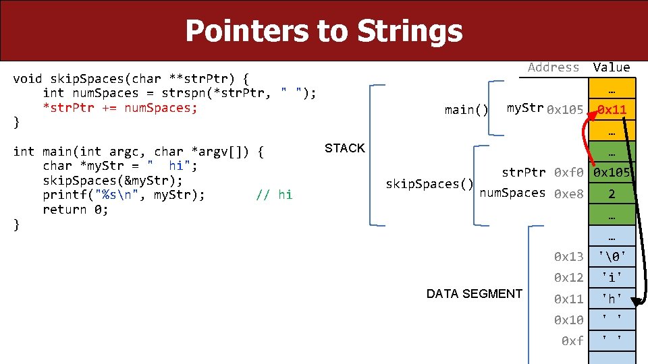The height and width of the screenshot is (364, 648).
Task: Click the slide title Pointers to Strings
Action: [x=323, y=31]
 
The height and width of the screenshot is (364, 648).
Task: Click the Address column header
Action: [x=553, y=67]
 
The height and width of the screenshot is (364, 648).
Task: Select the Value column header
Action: [x=611, y=67]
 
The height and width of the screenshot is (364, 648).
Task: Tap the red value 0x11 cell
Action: [x=612, y=109]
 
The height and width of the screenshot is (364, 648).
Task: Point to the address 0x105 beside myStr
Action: [x=565, y=109]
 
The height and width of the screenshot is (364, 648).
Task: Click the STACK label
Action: [x=344, y=148]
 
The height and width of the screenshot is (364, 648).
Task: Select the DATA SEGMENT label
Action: [x=474, y=293]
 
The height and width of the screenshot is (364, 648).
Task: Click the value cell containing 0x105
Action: [x=612, y=173]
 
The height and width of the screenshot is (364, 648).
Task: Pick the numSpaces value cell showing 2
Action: [x=612, y=194]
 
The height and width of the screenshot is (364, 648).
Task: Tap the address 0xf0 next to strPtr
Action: [x=568, y=173]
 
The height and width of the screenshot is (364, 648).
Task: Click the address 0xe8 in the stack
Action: [x=568, y=194]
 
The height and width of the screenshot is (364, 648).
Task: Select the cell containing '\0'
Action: [x=612, y=256]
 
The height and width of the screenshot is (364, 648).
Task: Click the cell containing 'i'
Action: [x=612, y=277]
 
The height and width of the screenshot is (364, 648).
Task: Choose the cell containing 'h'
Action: [x=612, y=299]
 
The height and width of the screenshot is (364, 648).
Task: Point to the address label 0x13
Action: [x=568, y=256]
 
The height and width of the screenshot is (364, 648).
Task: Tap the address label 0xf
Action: [x=572, y=341]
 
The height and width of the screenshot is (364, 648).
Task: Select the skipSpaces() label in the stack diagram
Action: [x=429, y=183]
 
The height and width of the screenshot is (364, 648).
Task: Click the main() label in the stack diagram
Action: [x=466, y=109]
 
